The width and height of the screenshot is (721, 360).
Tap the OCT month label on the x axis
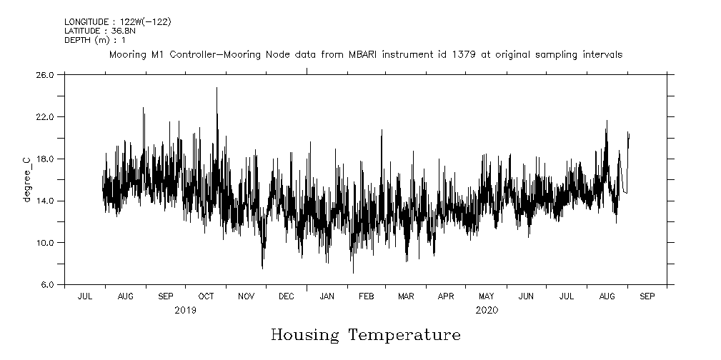(206, 296)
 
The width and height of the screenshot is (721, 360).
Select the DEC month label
(286, 296)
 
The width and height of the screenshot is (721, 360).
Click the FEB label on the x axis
(366, 296)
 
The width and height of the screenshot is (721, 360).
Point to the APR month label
(446, 296)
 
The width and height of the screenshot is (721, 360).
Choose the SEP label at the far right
(646, 296)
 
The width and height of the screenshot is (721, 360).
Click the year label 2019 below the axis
(185, 311)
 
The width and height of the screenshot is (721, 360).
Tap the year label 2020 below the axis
(487, 311)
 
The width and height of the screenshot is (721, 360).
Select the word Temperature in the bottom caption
(404, 335)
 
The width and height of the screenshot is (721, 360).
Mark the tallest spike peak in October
(217, 88)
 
